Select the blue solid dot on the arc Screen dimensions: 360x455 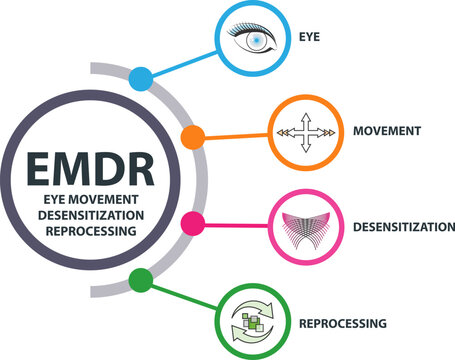click(x=141, y=76)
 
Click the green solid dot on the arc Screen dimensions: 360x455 click(x=141, y=279)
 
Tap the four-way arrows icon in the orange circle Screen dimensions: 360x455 click(x=304, y=132)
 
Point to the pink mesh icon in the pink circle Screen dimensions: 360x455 click(x=304, y=226)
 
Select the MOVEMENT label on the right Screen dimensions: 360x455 click(x=386, y=131)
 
